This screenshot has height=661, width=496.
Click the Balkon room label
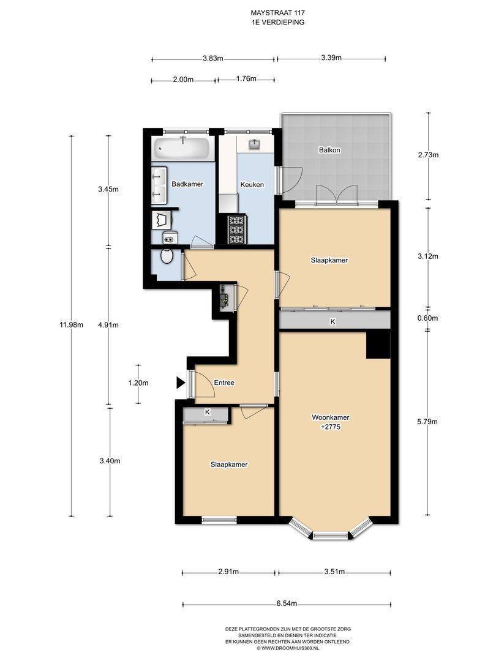[329, 150]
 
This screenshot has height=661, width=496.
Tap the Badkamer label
[187, 184]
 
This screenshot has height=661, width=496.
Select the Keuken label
[252, 185]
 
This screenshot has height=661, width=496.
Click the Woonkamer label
[330, 418]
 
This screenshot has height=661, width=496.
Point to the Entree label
[224, 383]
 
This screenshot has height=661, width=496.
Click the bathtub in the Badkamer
[181, 148]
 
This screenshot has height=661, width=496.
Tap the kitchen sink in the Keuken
[255, 144]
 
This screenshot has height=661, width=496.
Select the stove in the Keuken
[236, 230]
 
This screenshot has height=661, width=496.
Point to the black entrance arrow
[181, 383]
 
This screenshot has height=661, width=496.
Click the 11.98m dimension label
[71, 325]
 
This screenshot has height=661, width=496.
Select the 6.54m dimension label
[287, 603]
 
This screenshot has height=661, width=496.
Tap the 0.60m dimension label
[427, 318]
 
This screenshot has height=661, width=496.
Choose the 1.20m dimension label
[138, 383]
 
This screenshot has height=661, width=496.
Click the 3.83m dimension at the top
[213, 59]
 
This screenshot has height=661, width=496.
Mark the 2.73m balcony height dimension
[428, 155]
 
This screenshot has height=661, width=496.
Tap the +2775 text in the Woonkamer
[331, 427]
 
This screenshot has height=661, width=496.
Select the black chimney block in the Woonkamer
[377, 345]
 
